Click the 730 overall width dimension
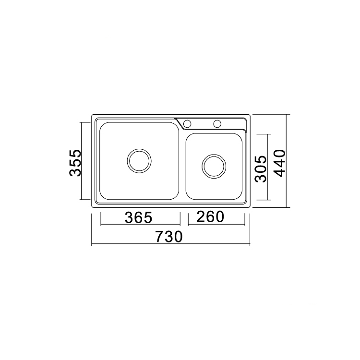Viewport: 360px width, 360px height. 169,237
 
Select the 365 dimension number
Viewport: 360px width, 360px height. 138,217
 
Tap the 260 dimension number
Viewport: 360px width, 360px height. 210,216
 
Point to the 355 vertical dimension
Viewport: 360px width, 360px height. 75,163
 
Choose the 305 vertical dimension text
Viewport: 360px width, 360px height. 261,169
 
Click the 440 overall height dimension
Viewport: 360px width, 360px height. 280,163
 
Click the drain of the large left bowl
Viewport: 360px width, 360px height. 139,161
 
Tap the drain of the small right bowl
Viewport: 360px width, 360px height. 214,166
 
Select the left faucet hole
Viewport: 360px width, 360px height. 187,124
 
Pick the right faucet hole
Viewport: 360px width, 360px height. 217,124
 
